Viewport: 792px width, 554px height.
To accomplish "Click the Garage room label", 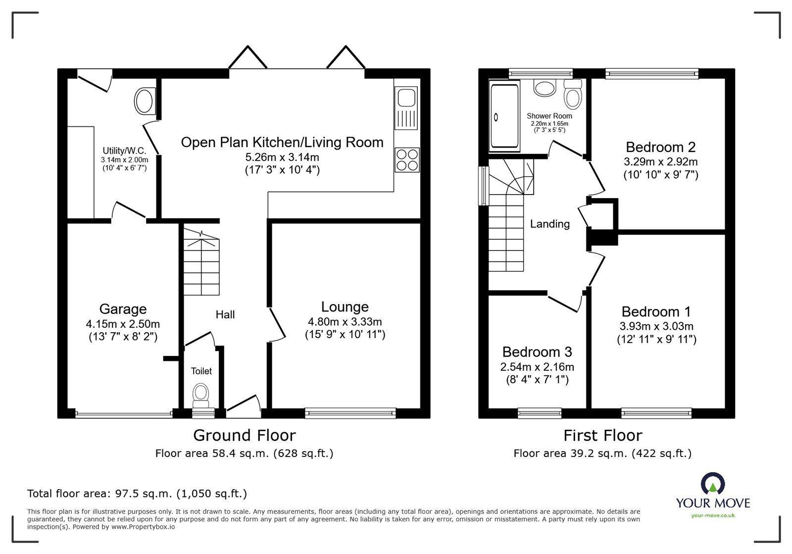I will [123, 309].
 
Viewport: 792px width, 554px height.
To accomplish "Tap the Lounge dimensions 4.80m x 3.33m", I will [345, 322].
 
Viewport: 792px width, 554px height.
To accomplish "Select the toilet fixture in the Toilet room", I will [201, 393].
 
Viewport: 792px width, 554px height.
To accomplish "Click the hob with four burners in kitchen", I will [407, 160].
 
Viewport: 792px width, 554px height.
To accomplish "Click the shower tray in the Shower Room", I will [504, 117].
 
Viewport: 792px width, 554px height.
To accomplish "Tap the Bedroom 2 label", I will [660, 147].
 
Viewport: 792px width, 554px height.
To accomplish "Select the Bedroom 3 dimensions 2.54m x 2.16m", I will [537, 367].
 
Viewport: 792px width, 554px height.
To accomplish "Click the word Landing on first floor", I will [549, 224].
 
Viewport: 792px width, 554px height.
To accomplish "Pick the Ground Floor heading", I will [244, 435].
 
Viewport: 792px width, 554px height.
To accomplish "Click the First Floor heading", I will [602, 435].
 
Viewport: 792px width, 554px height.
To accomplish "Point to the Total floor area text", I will [137, 493].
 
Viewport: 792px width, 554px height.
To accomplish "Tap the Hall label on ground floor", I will [225, 315].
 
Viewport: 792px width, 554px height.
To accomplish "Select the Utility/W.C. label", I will [124, 151].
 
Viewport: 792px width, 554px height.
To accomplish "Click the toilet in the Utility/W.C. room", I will [145, 101].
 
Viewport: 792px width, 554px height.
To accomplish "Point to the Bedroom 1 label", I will [656, 312].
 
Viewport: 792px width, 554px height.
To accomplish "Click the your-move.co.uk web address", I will [713, 515].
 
